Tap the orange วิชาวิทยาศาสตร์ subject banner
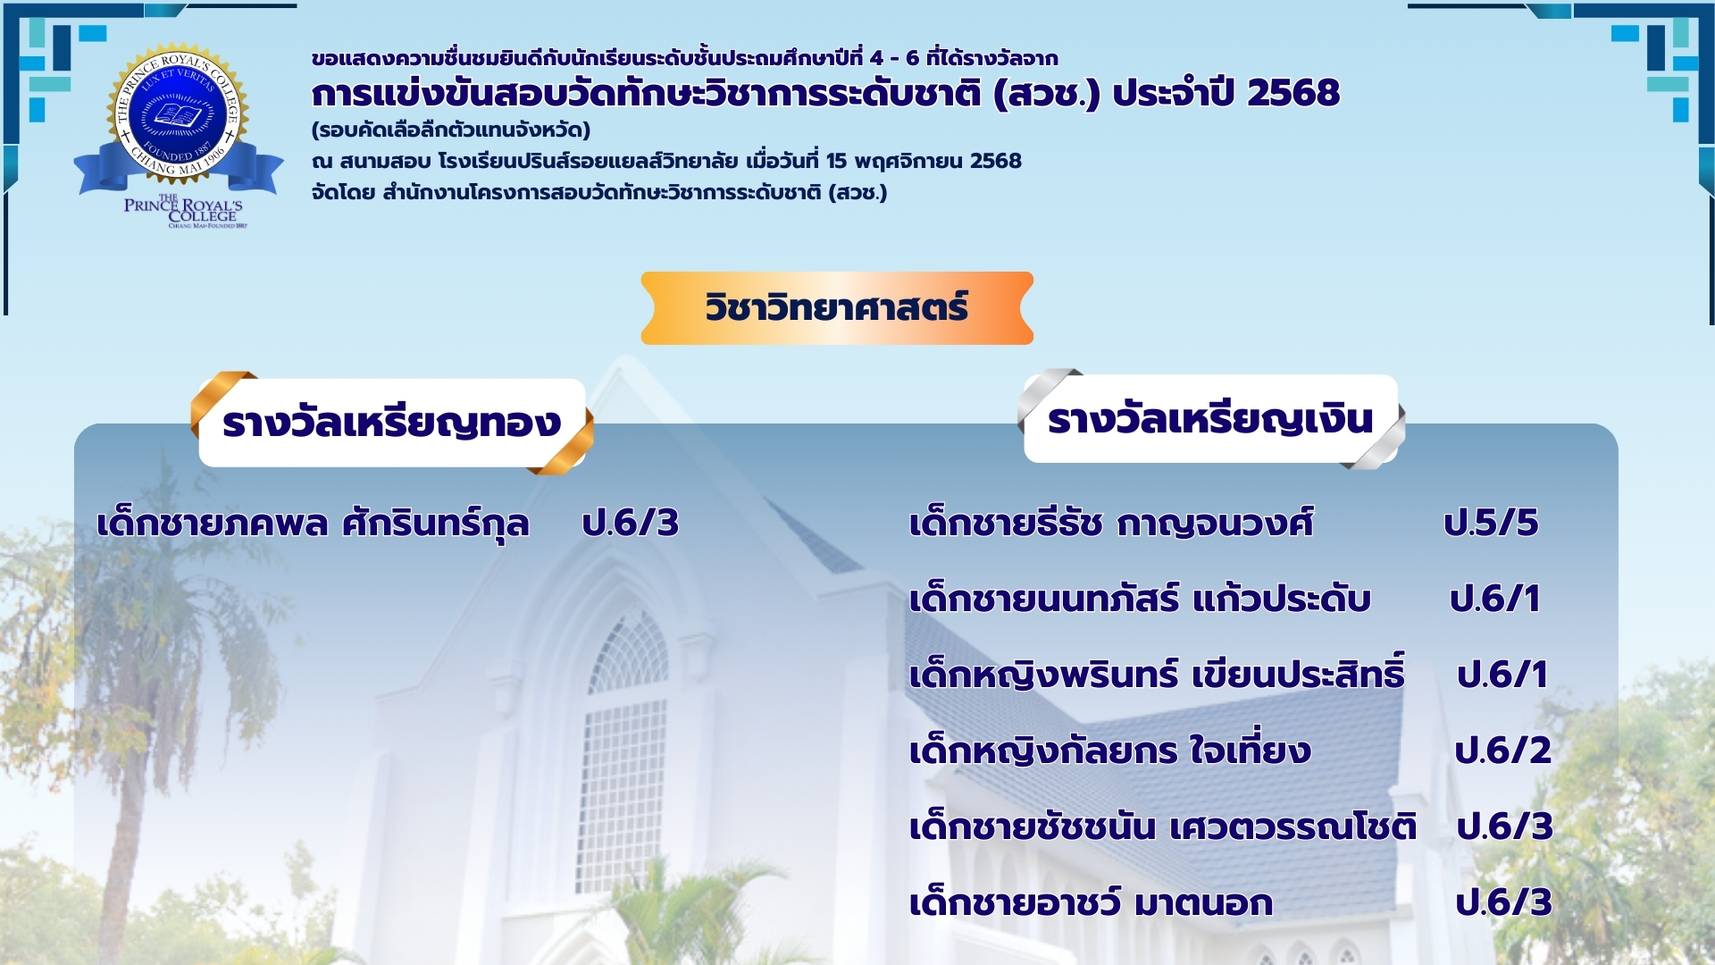point(837,308)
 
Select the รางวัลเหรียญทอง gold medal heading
point(392,423)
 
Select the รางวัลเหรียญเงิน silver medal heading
point(1211,419)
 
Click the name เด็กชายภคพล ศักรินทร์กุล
point(313,523)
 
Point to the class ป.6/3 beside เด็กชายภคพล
point(631,523)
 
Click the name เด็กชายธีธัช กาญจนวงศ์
point(1111,523)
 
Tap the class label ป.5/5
point(1491,523)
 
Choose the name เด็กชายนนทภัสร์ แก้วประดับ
point(1140,599)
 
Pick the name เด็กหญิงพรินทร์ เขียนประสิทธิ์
point(1158,673)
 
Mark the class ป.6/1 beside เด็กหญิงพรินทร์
point(1502,675)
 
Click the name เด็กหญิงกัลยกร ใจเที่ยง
point(1110,749)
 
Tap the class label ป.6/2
point(1503,751)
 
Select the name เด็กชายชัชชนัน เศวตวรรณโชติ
point(1163,826)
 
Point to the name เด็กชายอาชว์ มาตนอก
point(1091,902)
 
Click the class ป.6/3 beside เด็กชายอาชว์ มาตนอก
point(1504,902)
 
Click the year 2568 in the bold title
point(1293,93)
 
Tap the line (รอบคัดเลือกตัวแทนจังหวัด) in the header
point(451,130)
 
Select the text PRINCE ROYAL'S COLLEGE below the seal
point(184,210)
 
